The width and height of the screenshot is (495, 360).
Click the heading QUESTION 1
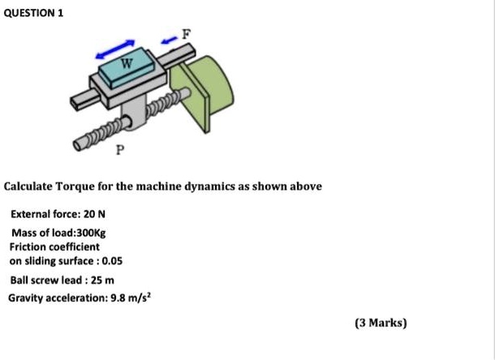click(x=33, y=14)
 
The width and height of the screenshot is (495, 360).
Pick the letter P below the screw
click(x=120, y=150)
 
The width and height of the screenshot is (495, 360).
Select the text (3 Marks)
click(x=381, y=322)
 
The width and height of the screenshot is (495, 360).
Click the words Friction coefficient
click(x=54, y=246)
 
